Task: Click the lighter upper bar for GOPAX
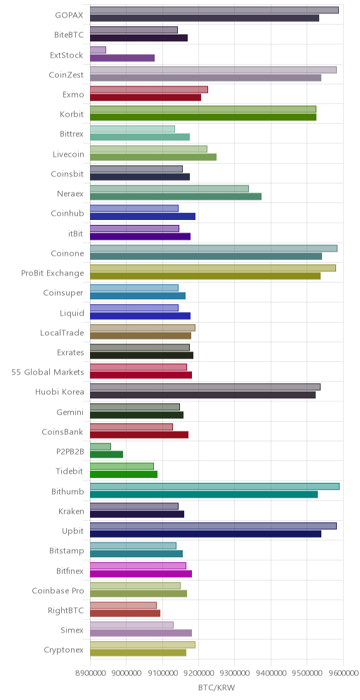214,11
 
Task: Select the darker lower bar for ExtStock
122,58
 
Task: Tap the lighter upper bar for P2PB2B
101,446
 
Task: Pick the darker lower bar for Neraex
176,196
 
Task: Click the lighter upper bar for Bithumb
215,486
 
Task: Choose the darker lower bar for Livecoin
153,157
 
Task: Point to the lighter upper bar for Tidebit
122,466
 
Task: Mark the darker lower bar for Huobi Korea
202,395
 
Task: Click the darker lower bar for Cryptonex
138,652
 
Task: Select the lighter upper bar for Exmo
149,89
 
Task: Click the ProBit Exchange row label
53,273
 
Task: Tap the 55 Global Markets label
48,372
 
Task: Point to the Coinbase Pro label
58,590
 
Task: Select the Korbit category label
72,115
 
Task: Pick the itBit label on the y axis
75,233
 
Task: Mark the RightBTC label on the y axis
65,610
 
